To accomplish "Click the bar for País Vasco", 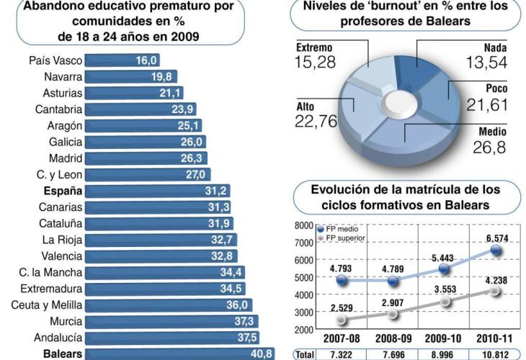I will coord(122,60).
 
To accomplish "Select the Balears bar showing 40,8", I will coord(180,354).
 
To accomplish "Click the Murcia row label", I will coord(66,321).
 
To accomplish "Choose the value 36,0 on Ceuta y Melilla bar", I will coord(239,305).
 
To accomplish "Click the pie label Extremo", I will coord(314,48).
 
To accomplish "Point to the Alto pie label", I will coord(305,107).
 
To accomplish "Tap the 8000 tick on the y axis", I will coord(303,225).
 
